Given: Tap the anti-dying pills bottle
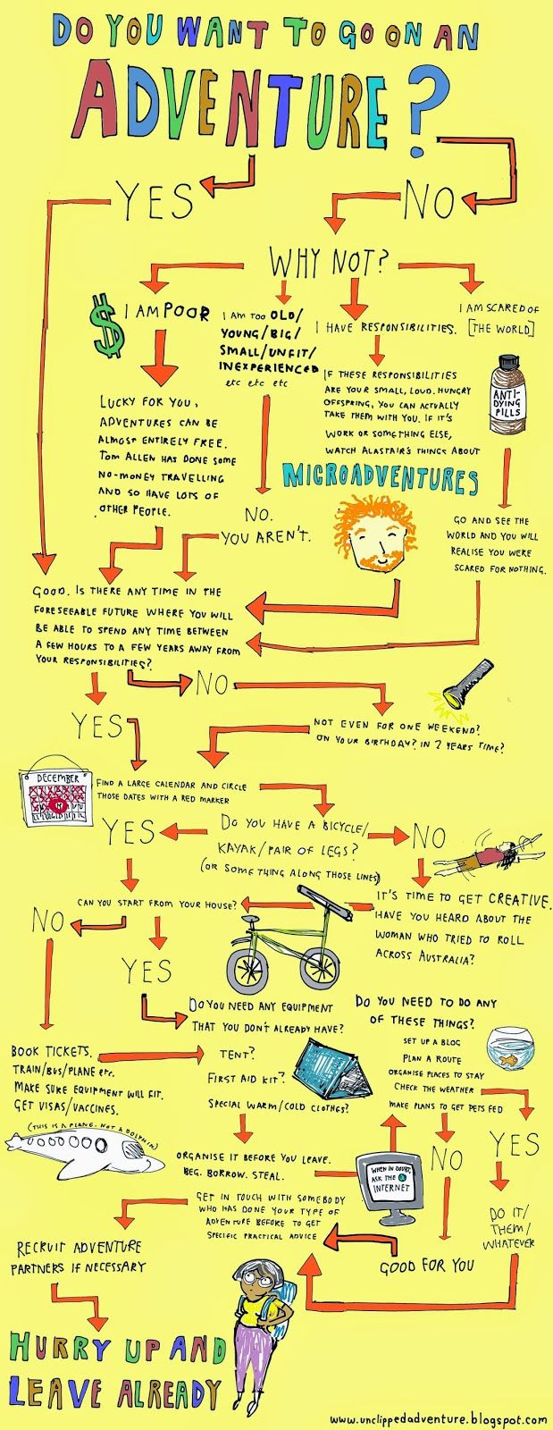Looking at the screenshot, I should click(x=507, y=394).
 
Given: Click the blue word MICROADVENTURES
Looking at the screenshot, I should click(x=380, y=478).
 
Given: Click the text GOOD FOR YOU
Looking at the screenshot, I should click(x=427, y=1266).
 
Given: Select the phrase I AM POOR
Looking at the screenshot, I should click(x=167, y=313).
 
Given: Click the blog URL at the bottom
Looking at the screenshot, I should click(x=438, y=1418).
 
